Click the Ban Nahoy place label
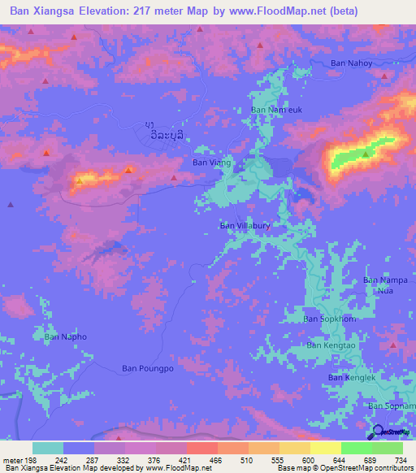pos(352,63)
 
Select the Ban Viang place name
pos(211,163)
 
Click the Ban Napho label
pos(65,336)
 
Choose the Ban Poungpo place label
pos(148,368)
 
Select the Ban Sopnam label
pos(391,406)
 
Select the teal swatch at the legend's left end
pos(48,448)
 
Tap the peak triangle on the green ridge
pos(366,153)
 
